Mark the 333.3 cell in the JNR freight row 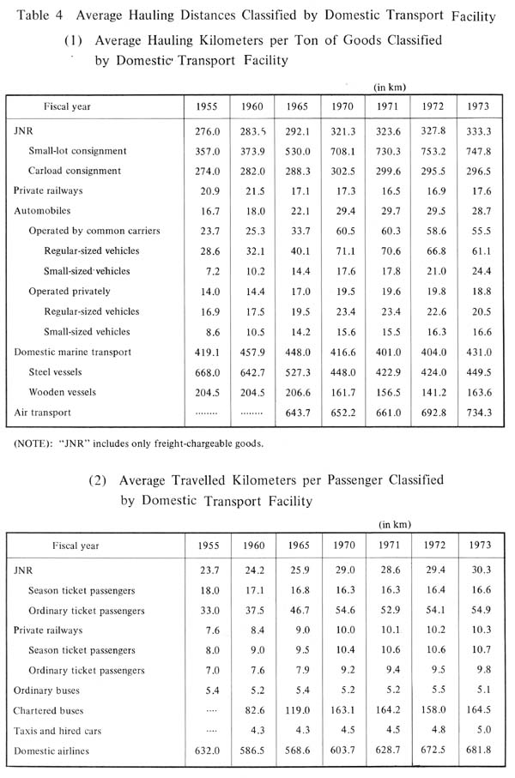click(480, 132)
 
